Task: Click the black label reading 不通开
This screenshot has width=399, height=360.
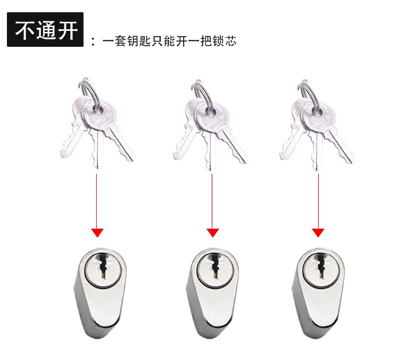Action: coord(45,29)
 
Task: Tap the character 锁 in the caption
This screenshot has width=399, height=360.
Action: coord(219,41)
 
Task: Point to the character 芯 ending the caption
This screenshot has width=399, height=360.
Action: coord(230,41)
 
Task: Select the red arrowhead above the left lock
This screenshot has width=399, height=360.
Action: coord(97,233)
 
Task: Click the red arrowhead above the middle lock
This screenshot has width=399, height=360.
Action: coord(213,233)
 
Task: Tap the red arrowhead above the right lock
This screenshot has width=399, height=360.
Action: coord(318,233)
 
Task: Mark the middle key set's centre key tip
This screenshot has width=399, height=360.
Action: coord(211,169)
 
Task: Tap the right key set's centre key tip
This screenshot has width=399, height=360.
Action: coord(317,169)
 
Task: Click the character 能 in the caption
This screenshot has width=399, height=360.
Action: coord(170,41)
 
